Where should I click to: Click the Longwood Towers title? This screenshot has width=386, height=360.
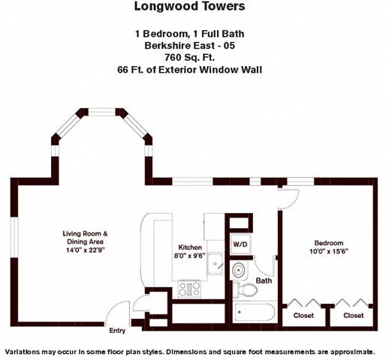(189, 7)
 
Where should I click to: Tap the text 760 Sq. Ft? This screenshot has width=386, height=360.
(189, 58)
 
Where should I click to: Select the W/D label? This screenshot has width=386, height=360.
(240, 244)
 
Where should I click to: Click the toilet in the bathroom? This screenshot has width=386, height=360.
(245, 290)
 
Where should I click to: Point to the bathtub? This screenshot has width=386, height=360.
(255, 312)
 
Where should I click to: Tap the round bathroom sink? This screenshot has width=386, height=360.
(239, 270)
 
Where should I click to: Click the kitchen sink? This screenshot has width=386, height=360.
(215, 263)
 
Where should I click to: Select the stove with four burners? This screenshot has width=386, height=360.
(189, 289)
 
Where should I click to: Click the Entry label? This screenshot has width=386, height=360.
(117, 331)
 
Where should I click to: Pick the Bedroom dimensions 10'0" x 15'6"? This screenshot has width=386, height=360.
(329, 251)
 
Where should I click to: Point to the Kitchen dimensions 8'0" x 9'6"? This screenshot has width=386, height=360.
(189, 256)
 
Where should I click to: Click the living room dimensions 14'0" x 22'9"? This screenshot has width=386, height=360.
(85, 250)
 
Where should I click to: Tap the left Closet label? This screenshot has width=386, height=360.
(303, 316)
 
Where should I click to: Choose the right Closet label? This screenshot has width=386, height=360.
(353, 316)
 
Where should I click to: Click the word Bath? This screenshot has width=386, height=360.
(264, 280)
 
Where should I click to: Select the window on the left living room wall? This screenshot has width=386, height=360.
(14, 238)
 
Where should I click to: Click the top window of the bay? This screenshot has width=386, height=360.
(101, 112)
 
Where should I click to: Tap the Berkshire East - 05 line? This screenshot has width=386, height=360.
(189, 46)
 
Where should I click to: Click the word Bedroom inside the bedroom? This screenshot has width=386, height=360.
(329, 243)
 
